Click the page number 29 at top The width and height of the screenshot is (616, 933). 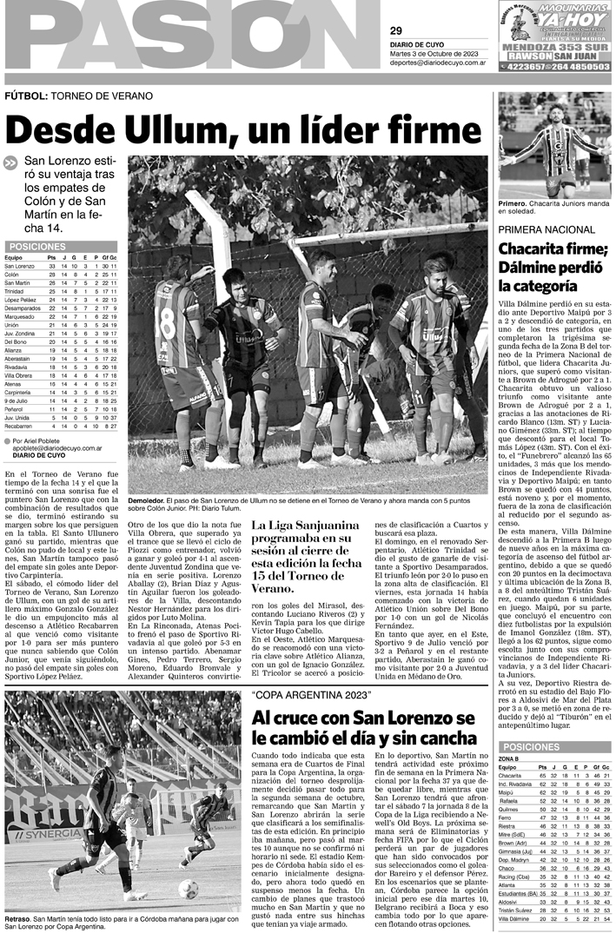[x=396, y=31]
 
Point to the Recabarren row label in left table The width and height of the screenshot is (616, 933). [x=20, y=427]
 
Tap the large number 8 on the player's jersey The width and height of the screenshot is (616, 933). [x=165, y=331]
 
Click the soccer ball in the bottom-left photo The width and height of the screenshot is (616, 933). [x=187, y=888]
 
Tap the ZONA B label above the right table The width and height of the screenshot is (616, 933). [x=509, y=758]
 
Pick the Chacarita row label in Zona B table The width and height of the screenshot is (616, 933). [x=511, y=775]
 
